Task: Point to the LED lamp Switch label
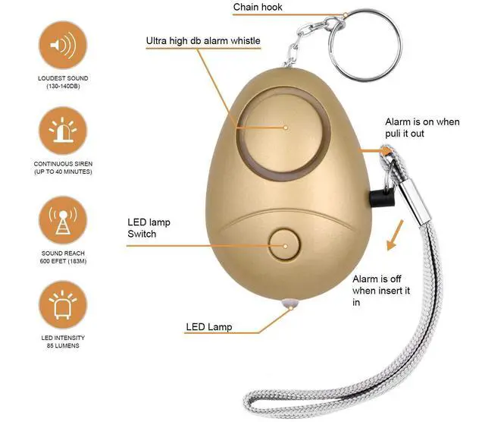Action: pos(149,228)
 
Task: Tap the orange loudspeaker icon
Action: pos(63,45)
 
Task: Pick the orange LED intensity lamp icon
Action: pos(63,305)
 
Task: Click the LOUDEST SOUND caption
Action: pos(63,78)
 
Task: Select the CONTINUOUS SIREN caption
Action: pos(63,164)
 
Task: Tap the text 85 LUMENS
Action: pos(63,345)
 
